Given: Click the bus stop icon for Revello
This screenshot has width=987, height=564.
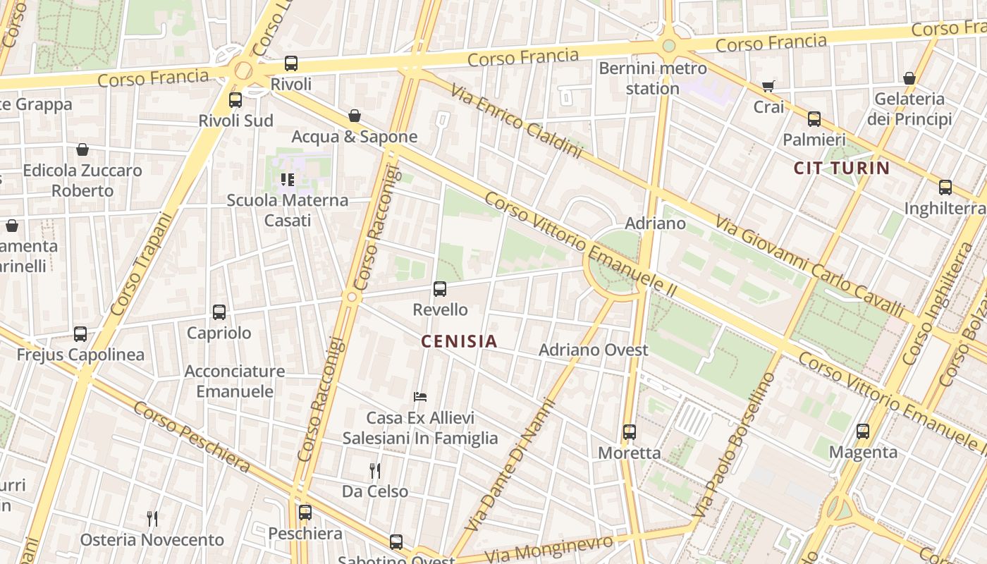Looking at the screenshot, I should point(440,288).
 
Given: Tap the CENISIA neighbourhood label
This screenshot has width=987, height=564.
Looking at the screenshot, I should point(459,341).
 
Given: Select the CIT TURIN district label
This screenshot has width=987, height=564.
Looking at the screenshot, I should point(842,168).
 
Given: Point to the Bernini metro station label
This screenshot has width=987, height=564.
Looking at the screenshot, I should point(652,78).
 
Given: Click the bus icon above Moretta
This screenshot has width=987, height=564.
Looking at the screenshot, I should point(630,431).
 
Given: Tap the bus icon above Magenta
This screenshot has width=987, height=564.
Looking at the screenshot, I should point(863,431).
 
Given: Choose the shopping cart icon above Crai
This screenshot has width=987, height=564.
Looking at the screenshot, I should point(768,87).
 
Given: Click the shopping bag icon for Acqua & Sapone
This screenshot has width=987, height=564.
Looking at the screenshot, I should point(355,116).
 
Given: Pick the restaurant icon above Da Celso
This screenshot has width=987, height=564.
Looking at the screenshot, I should point(375,470).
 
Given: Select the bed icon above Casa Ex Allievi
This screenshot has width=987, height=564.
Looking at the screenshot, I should point(420,397).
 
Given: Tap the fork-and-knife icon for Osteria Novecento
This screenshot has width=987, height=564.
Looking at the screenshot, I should point(152,519).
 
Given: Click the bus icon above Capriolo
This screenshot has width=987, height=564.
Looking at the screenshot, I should point(219,312).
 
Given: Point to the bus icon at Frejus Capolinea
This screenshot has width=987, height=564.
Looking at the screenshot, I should point(80,333).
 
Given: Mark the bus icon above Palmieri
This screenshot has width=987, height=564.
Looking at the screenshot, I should point(814,119).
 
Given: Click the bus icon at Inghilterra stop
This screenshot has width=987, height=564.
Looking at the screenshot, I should point(945,188).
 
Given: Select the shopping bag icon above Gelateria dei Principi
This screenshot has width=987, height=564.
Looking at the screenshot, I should point(909,78).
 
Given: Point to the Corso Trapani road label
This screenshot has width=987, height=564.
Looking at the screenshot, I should point(142,264).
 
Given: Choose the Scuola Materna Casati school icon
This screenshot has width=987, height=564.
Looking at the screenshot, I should point(288,180).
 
